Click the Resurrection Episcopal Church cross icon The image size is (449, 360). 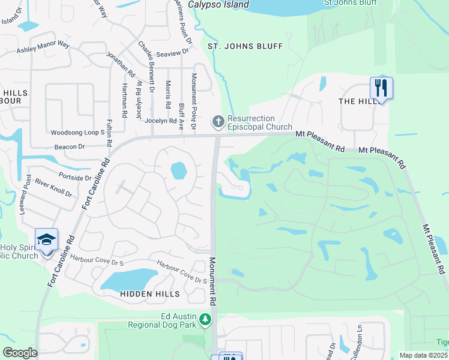point(218,122)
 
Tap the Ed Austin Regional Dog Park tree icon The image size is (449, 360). point(206,320)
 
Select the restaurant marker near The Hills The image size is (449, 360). point(381,88)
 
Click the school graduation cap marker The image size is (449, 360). point(46,240)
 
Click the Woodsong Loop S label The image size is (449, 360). point(78,132)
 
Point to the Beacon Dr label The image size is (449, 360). point(69,146)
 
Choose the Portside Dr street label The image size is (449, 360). point(75,177)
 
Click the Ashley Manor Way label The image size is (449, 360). point(43,47)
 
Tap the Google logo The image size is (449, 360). point(20,353)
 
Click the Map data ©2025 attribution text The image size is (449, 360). point(423,355)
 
